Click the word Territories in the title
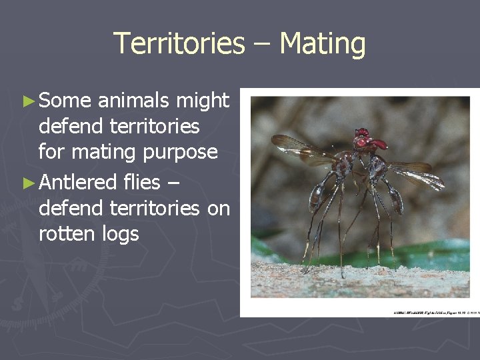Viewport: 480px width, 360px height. (x=179, y=44)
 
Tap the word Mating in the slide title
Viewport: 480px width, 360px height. (x=323, y=44)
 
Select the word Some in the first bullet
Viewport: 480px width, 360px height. (x=65, y=101)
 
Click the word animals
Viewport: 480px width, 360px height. (x=133, y=101)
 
